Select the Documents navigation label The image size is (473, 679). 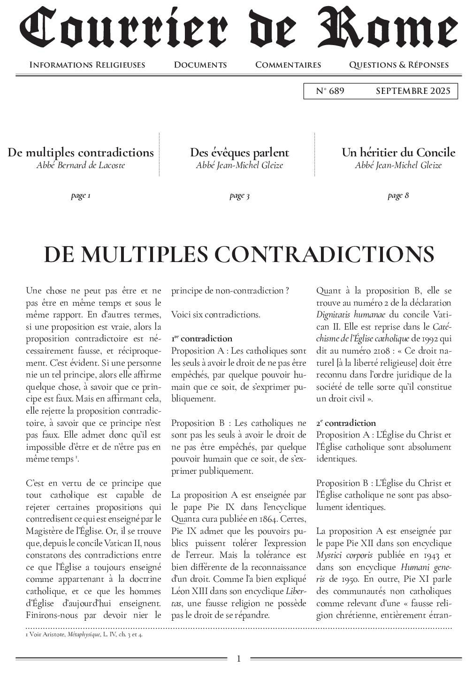[200, 65]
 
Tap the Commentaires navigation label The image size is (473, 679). [288, 65]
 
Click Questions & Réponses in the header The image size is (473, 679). [398, 65]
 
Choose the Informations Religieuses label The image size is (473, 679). [87, 65]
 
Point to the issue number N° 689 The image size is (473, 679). [330, 91]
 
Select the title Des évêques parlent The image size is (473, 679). [239, 153]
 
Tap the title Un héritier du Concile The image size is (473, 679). [398, 153]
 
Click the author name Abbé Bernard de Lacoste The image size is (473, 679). [81, 165]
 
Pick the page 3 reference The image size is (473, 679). [239, 195]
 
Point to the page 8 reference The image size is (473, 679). [398, 195]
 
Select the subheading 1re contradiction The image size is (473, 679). [202, 339]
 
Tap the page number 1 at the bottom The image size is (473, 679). [238, 659]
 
